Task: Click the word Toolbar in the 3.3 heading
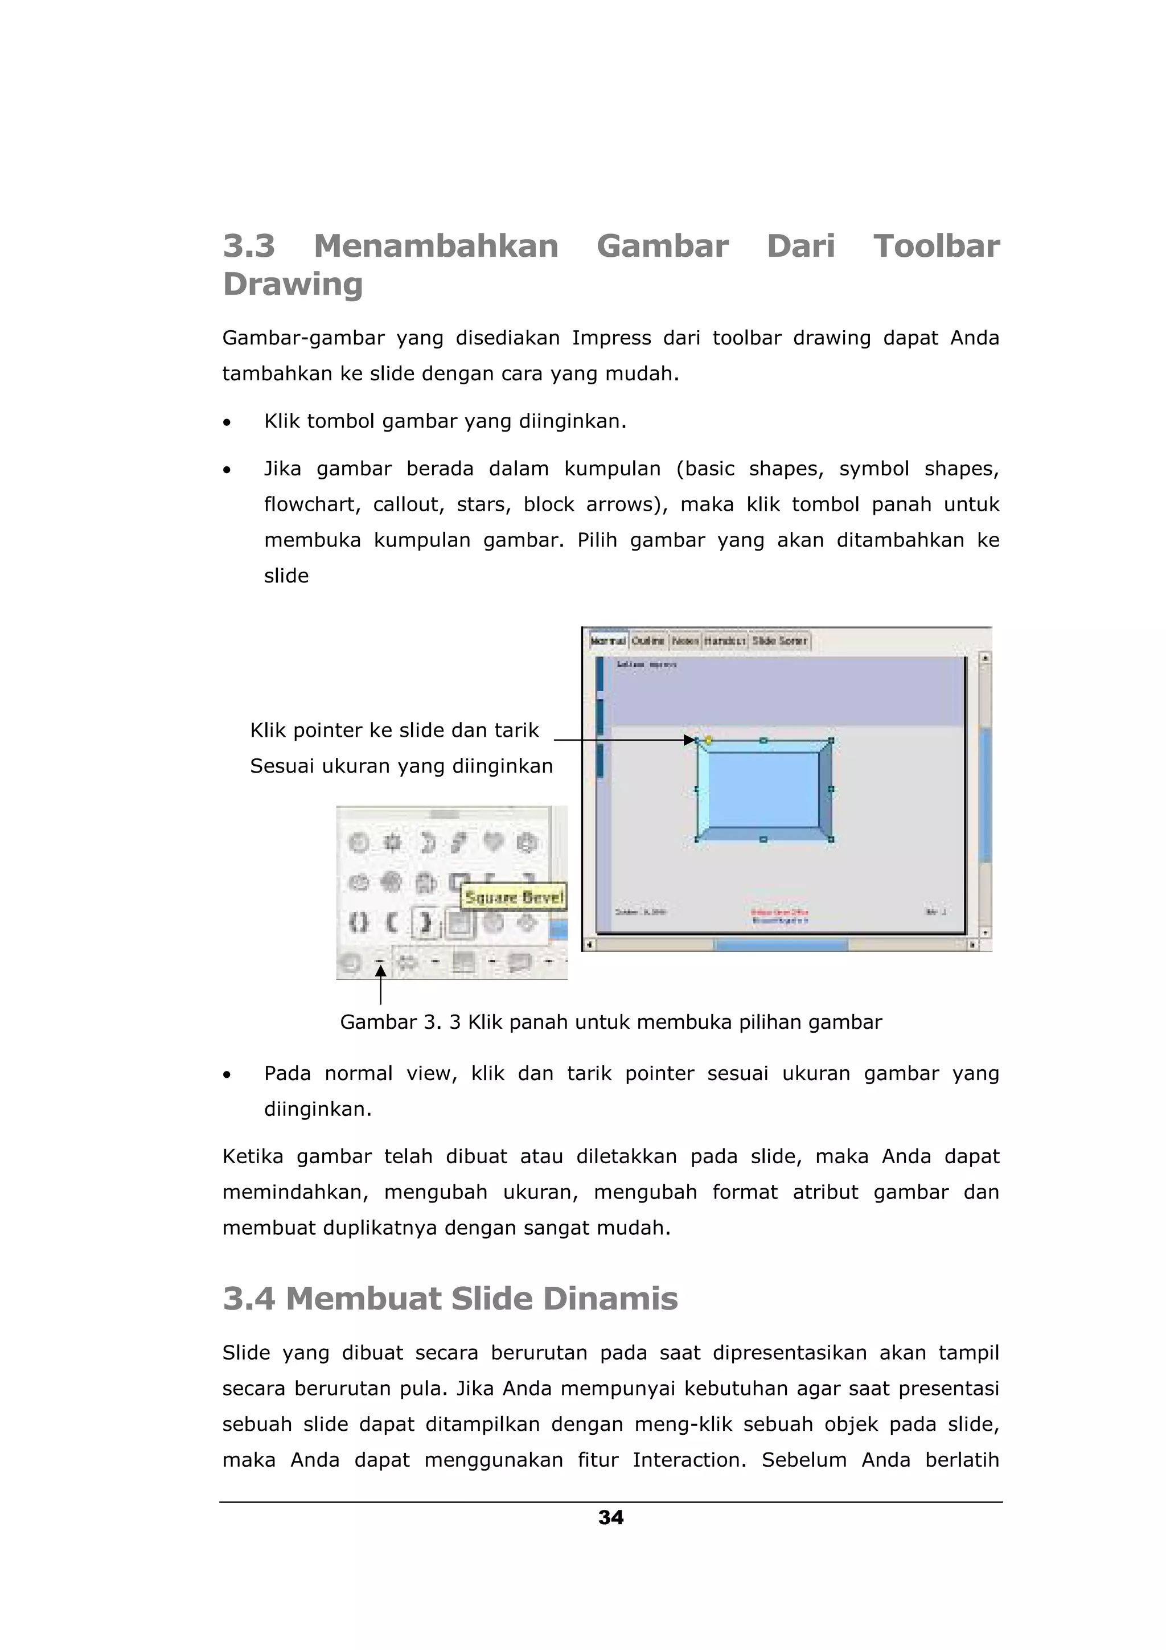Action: (x=936, y=247)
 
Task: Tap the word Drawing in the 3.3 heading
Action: (x=293, y=284)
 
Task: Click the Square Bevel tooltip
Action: (x=514, y=897)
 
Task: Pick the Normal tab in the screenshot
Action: (x=608, y=641)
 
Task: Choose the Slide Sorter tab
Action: (x=779, y=641)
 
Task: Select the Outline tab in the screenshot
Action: (x=648, y=641)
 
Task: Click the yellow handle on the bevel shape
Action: (x=708, y=740)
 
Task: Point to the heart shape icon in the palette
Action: (x=493, y=842)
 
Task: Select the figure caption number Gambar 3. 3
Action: (x=400, y=1022)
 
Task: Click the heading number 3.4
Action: (x=249, y=1299)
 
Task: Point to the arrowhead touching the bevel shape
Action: (x=689, y=740)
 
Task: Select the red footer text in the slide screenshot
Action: (x=779, y=913)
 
